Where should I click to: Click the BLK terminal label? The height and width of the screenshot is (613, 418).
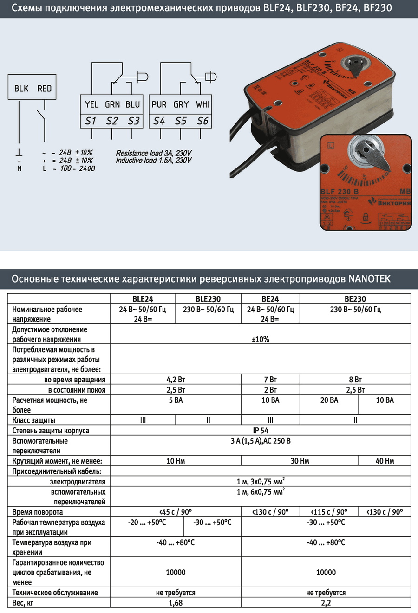[x=21, y=88]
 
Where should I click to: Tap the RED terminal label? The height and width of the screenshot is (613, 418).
[x=45, y=88]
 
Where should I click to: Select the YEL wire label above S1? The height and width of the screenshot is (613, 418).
[x=91, y=104]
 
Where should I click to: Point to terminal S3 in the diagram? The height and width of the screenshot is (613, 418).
[x=134, y=121]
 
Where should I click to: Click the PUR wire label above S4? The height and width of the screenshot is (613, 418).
[x=159, y=104]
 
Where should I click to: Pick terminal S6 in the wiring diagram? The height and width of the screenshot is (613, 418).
[x=202, y=121]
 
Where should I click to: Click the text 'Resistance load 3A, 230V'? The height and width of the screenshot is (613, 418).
[x=154, y=153]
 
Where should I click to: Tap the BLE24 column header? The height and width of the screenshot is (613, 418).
[x=143, y=299]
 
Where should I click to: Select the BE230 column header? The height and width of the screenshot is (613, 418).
[x=355, y=299]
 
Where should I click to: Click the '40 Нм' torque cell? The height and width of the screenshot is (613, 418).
[x=385, y=461]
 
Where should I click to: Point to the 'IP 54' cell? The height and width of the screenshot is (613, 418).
[x=261, y=430]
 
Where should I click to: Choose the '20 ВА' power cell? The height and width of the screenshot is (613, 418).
[x=329, y=400]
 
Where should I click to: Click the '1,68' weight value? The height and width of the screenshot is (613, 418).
[x=176, y=603]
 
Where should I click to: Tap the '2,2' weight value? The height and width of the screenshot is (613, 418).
[x=326, y=603]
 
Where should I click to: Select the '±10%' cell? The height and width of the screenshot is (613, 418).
[x=261, y=339]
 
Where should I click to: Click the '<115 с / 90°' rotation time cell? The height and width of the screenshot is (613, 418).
[x=329, y=512]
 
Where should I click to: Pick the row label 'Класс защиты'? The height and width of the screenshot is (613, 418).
[x=34, y=420]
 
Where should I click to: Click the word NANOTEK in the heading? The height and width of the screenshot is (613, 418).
[x=370, y=279]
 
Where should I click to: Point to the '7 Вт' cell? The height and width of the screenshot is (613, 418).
[x=270, y=380]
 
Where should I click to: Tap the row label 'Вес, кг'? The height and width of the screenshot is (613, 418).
[x=23, y=603]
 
